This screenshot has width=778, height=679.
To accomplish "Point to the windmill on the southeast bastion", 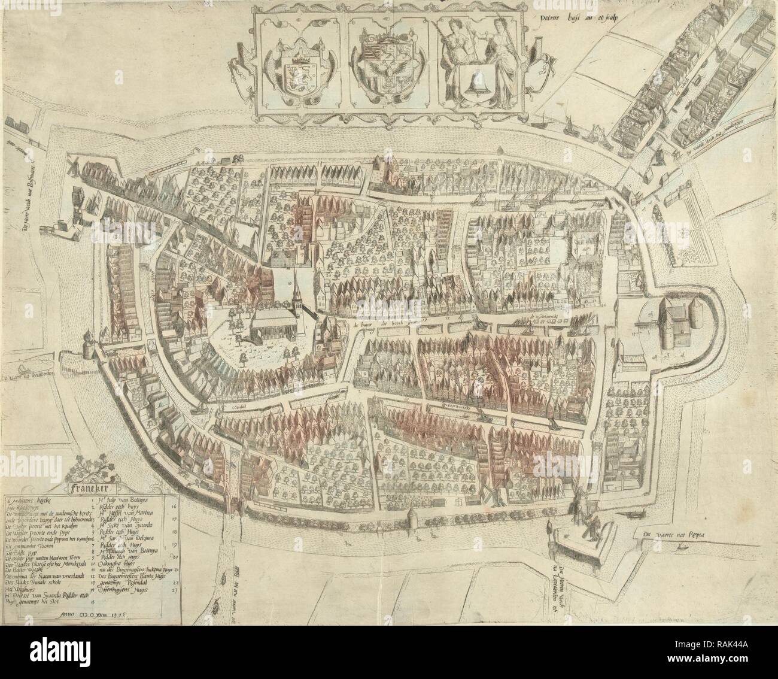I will [x=588, y=527].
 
